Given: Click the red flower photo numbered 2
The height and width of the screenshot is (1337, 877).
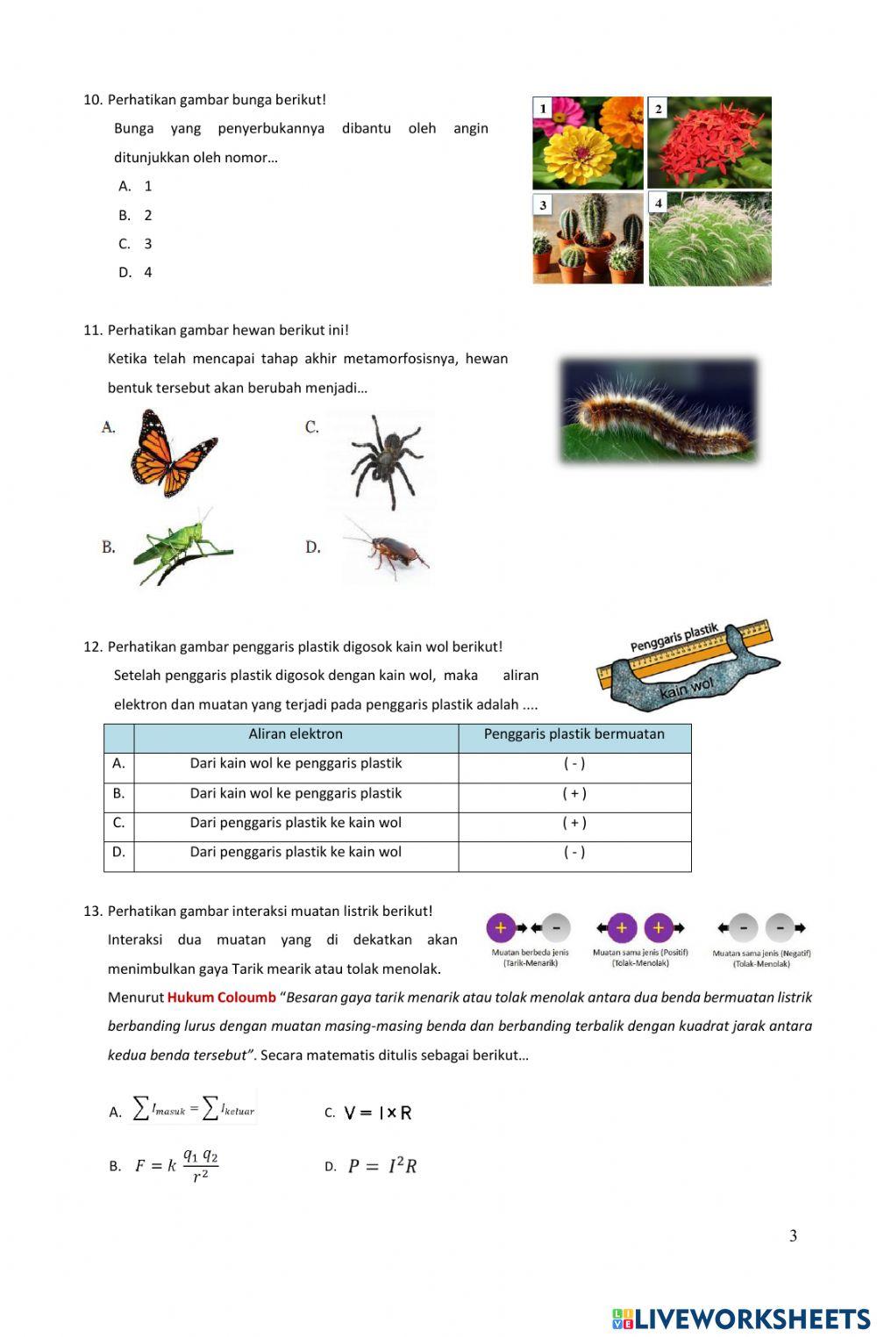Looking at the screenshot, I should click(x=709, y=143).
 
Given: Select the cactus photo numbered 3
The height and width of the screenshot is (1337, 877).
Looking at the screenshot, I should click(x=588, y=239).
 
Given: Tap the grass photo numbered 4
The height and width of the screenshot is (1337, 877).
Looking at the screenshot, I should click(x=710, y=240).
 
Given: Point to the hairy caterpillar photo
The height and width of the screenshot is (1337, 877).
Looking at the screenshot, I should click(x=659, y=411).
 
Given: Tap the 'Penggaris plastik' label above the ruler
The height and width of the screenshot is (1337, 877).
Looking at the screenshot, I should click(x=674, y=638).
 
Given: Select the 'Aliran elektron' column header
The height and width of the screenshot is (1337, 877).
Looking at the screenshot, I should click(x=296, y=734).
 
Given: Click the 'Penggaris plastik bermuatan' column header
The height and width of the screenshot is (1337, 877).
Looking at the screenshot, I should click(x=574, y=734).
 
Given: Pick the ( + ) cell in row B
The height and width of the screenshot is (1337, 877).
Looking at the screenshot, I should click(x=574, y=794).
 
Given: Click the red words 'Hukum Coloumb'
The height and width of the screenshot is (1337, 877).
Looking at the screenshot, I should click(x=221, y=997).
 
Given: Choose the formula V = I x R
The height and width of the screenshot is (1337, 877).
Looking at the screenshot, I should click(x=378, y=1112).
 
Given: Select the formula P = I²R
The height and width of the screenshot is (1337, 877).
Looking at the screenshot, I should click(x=382, y=1166).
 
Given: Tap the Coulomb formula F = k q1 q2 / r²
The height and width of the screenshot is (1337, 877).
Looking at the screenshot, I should click(x=176, y=1166).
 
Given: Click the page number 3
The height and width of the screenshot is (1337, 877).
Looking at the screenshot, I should click(x=793, y=1236).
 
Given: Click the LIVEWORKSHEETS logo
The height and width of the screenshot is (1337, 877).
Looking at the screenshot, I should click(x=741, y=1319).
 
